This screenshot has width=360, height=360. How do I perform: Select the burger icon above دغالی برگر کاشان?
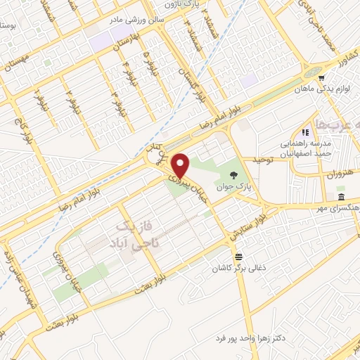pos(239,257)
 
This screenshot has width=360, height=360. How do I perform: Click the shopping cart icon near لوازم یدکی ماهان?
pos(321,78)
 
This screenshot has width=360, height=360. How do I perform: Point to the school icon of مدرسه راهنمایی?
pos(305,132)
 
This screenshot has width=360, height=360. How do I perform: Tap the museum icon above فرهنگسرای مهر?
pos(341,196)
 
